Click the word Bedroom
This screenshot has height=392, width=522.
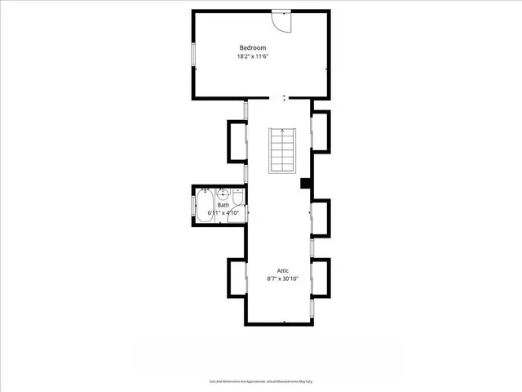[x=252, y=47]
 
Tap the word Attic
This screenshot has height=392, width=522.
[x=282, y=270]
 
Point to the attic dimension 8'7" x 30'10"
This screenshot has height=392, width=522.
[x=283, y=279]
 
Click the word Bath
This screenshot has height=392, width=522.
[x=223, y=205]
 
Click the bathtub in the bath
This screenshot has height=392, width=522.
[x=203, y=206]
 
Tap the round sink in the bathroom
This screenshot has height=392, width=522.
[x=221, y=195]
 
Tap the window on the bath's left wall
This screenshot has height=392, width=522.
[x=193, y=205]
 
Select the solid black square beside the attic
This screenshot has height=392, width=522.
[x=306, y=184]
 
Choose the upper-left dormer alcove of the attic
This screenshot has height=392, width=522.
[x=237, y=140]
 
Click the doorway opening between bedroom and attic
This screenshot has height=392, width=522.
[x=283, y=98]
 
